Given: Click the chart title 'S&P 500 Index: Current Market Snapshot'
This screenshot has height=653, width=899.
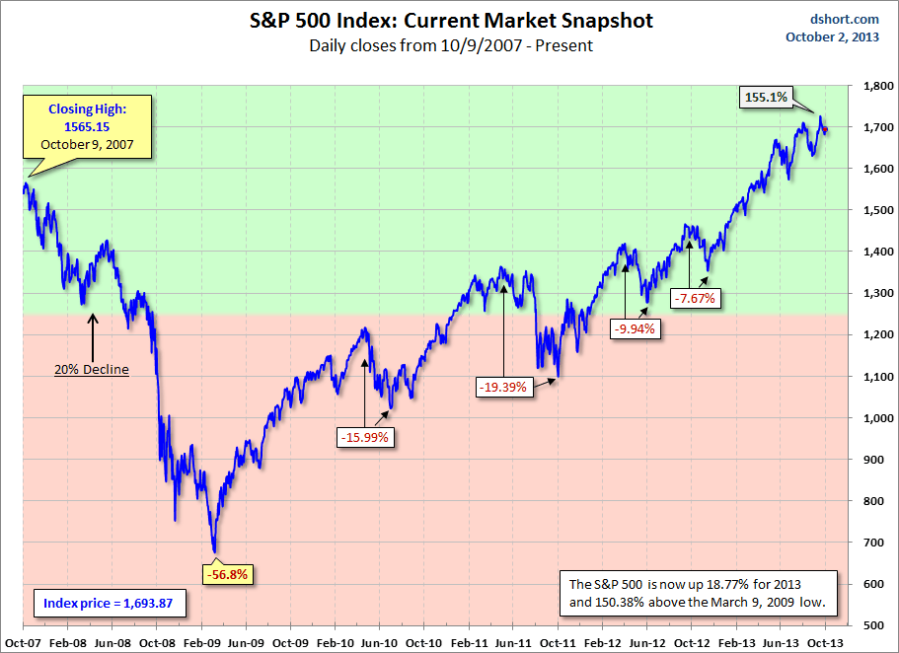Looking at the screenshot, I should point(450,20).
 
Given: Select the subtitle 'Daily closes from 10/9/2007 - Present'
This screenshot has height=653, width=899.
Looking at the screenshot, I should point(450,45).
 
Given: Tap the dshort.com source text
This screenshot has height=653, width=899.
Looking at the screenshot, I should point(845,18).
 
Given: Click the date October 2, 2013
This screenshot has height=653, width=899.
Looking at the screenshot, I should point(833,37).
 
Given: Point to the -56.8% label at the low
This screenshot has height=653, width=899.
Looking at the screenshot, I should point(227,573).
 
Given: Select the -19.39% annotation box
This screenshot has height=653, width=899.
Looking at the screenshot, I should point(503,388).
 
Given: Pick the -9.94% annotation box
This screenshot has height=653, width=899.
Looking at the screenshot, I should point(634,329).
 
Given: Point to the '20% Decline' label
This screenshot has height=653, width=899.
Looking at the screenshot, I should point(93,370).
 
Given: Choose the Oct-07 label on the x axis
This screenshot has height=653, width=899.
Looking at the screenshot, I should point(22,641).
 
